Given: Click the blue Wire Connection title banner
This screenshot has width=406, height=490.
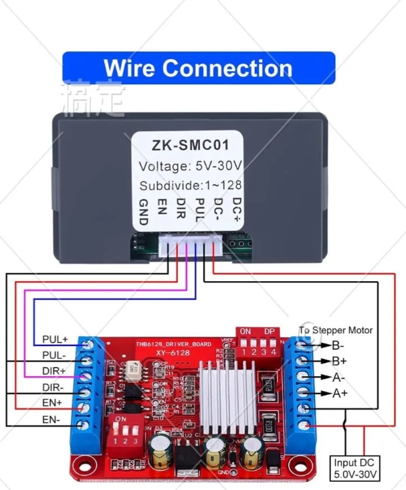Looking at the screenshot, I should tap(198, 68).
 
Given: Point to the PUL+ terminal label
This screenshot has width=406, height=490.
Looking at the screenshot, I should tap(54, 339).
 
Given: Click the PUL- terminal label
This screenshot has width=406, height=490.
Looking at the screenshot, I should tap(54, 355).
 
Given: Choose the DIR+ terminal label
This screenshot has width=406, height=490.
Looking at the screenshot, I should tap(54, 371).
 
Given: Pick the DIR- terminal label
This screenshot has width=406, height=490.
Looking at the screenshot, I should tap(54, 388).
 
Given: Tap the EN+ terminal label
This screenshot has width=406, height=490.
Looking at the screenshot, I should tap(52, 403).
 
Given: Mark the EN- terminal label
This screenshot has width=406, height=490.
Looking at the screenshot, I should tap(52, 420).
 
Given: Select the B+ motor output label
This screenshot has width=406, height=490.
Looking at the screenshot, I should tap(338, 361).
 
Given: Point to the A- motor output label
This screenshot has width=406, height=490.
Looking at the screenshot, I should tap(338, 378).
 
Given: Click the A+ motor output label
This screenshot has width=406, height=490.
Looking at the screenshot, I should tap(339, 393).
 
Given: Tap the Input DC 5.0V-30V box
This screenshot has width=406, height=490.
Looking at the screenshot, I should tap(357, 468).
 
